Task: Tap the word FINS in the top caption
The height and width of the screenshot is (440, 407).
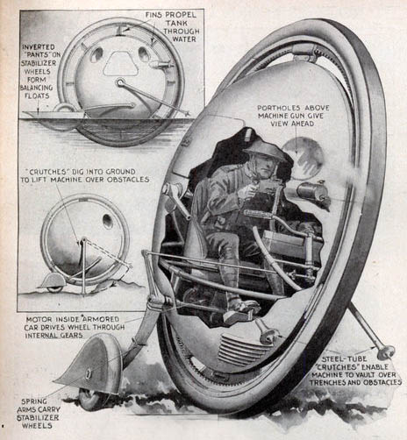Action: coord(154,15)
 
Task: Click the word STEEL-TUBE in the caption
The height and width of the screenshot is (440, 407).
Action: coord(344,359)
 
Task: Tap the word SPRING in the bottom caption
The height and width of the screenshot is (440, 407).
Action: coord(34,401)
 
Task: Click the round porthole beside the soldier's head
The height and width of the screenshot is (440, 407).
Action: coord(304,158)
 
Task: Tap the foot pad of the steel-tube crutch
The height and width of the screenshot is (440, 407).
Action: coord(386,352)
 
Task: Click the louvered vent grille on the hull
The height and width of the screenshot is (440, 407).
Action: coord(239,350)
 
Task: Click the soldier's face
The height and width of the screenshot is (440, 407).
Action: coord(267,167)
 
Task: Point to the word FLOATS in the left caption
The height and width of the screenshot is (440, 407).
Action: coord(37,96)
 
